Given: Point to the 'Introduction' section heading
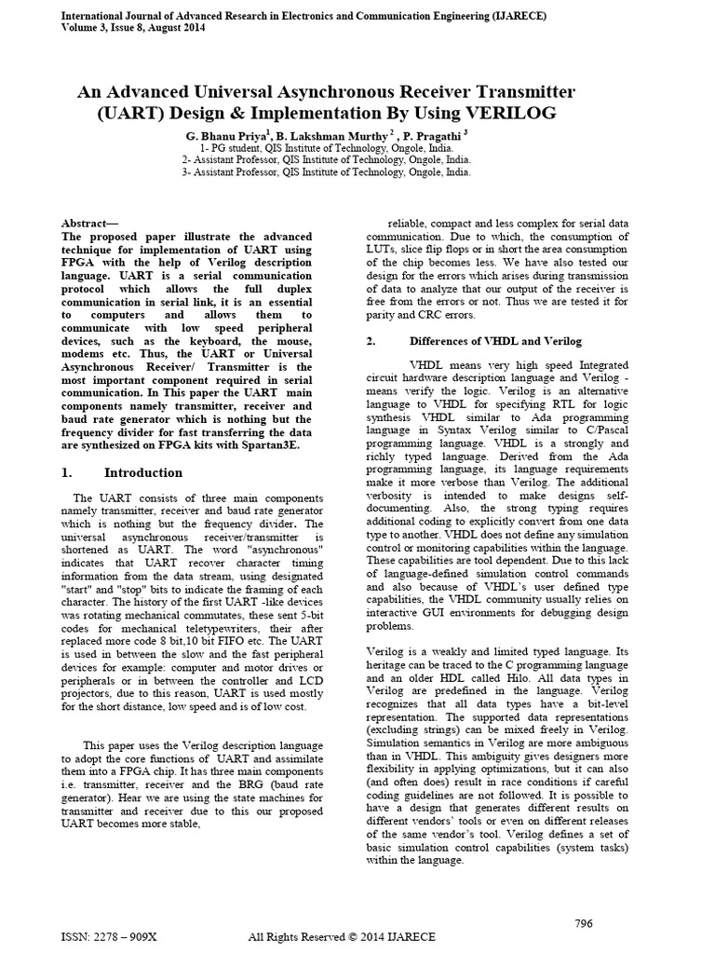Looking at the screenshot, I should pos(143,472).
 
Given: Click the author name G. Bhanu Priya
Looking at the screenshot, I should pos(228,135).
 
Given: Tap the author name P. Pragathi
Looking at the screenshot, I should pos(431,135).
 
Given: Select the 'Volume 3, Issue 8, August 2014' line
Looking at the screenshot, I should pos(133,28).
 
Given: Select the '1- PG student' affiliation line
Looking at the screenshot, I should pos(327,148).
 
